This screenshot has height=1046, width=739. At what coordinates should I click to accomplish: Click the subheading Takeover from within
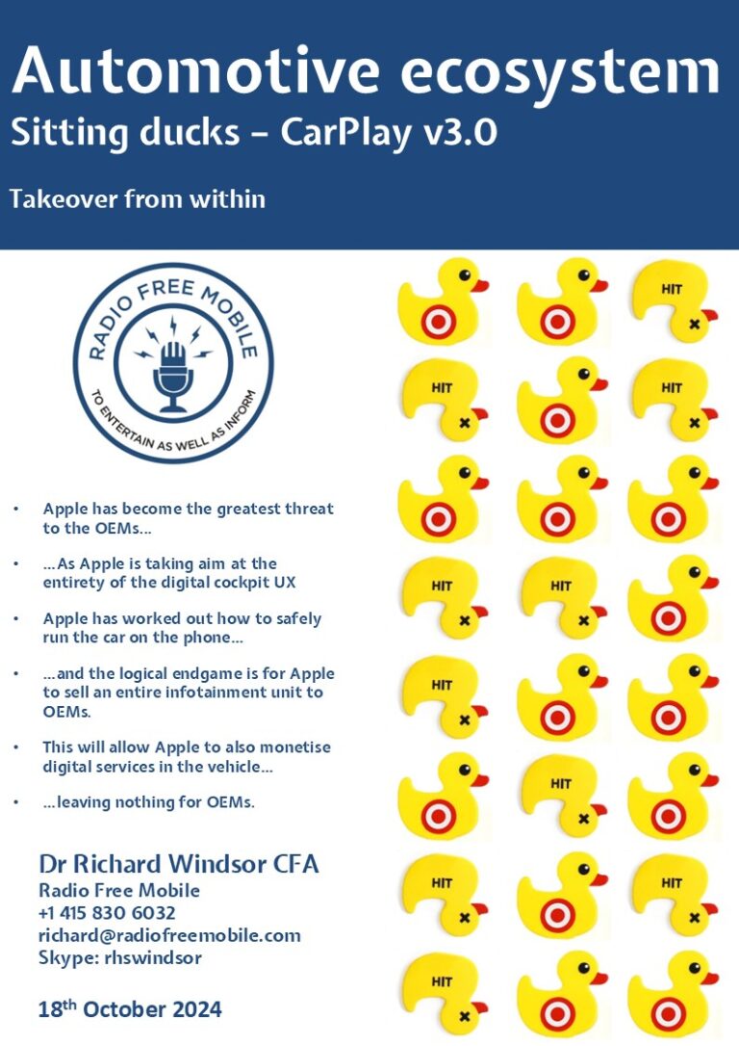pyautogui.click(x=138, y=199)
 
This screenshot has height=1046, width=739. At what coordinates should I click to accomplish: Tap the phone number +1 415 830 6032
pyautogui.click(x=107, y=912)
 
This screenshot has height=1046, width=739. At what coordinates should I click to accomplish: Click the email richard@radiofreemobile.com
pyautogui.click(x=169, y=934)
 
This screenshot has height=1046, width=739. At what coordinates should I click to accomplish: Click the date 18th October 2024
pyautogui.click(x=130, y=1009)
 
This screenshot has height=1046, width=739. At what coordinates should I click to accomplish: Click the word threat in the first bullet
pyautogui.click(x=304, y=508)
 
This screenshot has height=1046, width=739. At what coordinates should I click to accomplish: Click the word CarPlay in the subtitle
pyautogui.click(x=335, y=133)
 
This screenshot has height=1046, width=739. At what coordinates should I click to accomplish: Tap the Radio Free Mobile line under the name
pyautogui.click(x=119, y=890)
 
